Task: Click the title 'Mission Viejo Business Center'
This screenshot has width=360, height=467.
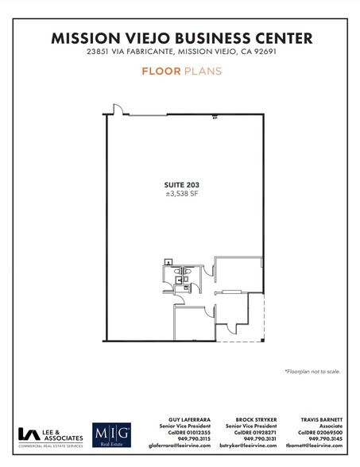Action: click(x=181, y=37)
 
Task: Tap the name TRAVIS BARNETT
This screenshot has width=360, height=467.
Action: click(x=319, y=419)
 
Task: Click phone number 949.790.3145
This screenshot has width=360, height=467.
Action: click(x=326, y=438)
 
